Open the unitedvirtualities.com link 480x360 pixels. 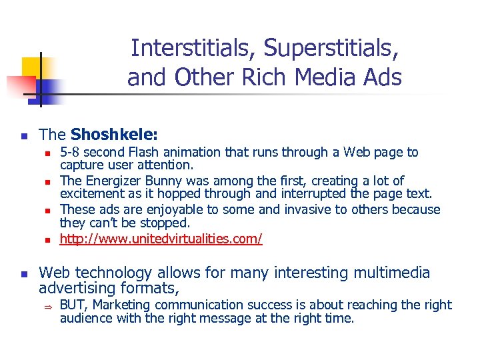coord(161,238)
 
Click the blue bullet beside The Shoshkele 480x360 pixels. coord(23,136)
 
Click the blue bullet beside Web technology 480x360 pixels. coord(23,274)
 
